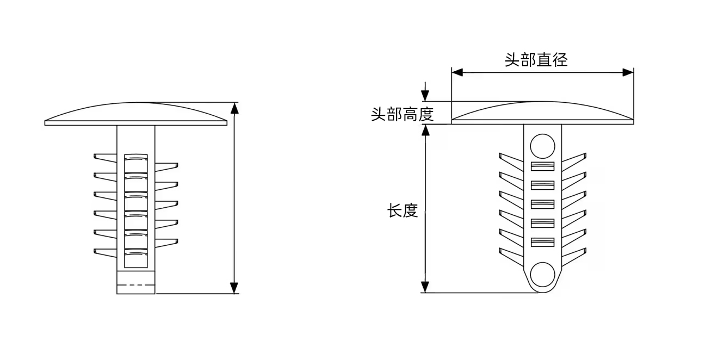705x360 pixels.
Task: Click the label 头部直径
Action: (x=536, y=59)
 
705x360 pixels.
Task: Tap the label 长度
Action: (x=403, y=211)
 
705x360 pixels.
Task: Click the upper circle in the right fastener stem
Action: (x=542, y=146)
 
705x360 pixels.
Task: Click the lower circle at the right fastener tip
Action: (x=542, y=275)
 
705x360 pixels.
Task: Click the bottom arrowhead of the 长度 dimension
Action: (x=425, y=287)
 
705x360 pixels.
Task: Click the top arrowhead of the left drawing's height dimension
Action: (x=234, y=108)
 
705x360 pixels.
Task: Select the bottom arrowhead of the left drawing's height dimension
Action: (x=234, y=288)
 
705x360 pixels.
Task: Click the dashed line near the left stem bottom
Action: (x=135, y=285)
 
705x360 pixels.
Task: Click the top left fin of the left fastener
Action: (x=105, y=157)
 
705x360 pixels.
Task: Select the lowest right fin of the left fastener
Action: (x=166, y=241)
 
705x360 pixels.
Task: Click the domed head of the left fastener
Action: (x=135, y=113)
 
